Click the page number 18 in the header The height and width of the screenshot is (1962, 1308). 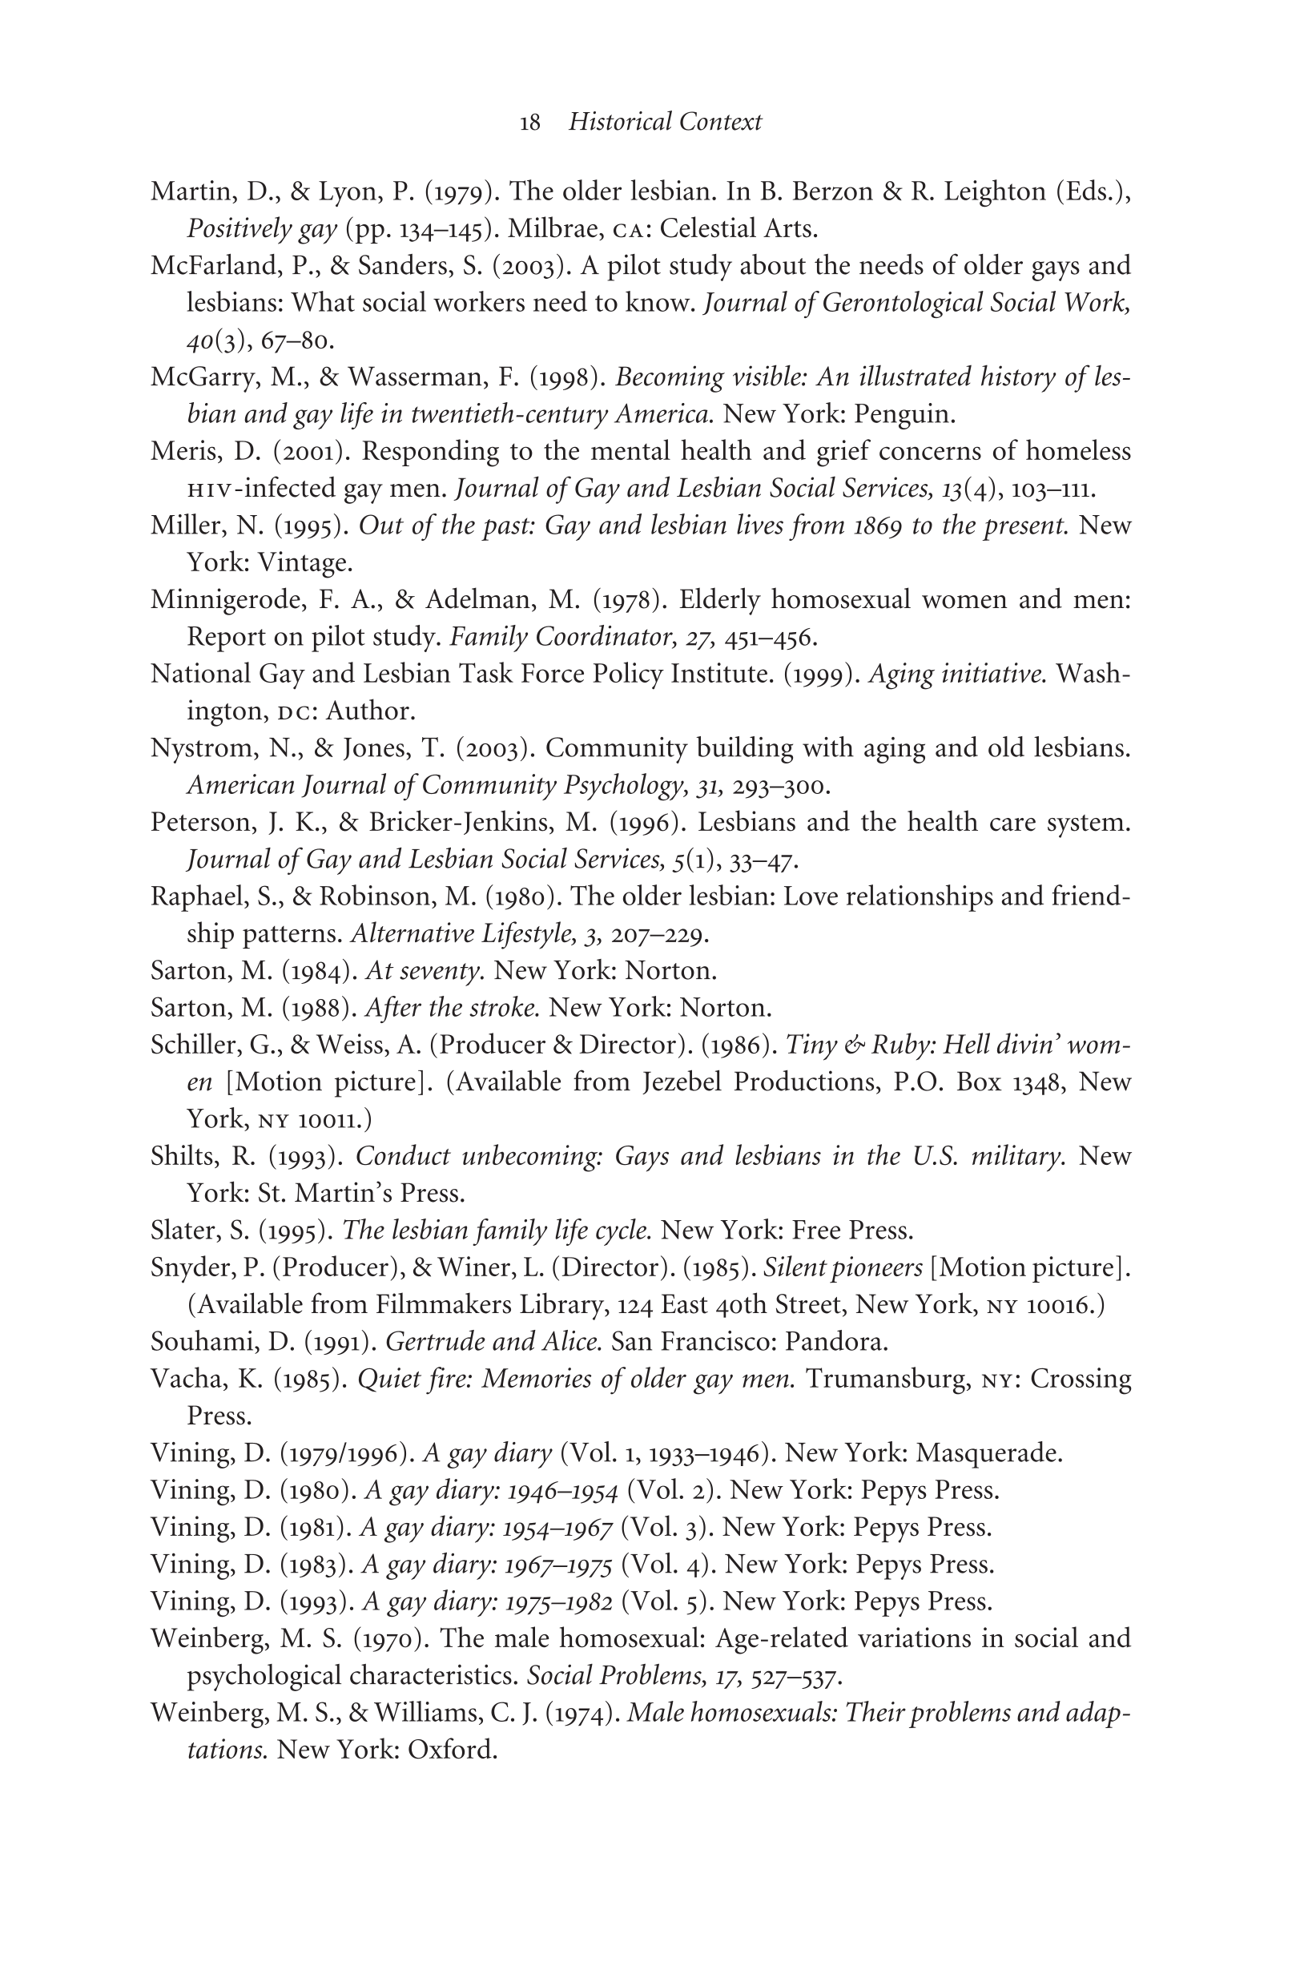coord(529,123)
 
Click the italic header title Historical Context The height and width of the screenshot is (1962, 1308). coord(665,123)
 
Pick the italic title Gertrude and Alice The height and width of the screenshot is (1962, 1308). coord(494,1342)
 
